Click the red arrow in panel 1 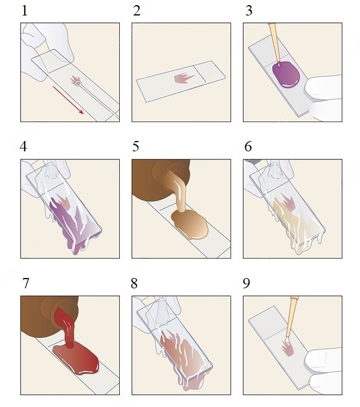pos(68,100)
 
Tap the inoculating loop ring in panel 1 pos(78,84)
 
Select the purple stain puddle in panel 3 pos(286,75)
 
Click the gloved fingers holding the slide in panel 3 pos(324,98)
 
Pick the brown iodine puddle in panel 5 pos(190,224)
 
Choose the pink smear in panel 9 pos(288,349)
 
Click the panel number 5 pos(135,146)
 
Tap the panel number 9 pos(246,283)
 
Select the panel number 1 pos(25,11)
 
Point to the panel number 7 pos(25,283)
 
